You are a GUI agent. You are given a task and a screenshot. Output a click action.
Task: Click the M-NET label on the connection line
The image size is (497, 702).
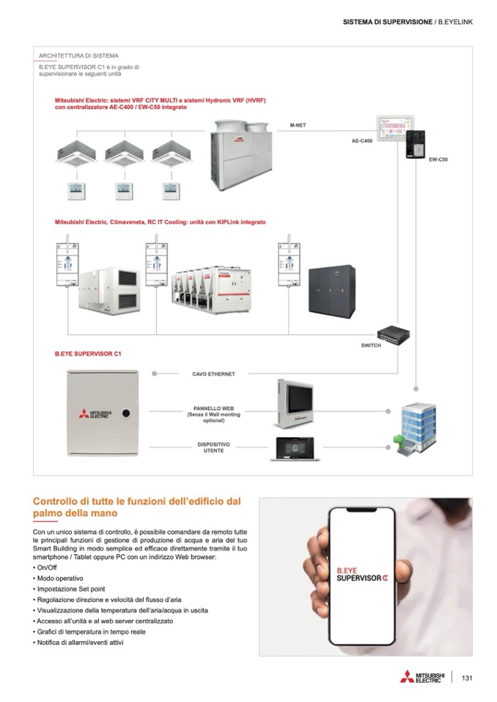point(298,125)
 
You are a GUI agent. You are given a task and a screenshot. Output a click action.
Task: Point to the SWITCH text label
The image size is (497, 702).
point(372,346)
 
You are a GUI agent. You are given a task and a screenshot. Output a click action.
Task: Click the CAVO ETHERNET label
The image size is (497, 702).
point(213,373)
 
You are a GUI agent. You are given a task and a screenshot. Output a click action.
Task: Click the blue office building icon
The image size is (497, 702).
point(415,425)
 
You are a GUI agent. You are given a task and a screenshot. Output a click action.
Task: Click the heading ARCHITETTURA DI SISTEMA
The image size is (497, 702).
point(78,55)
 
